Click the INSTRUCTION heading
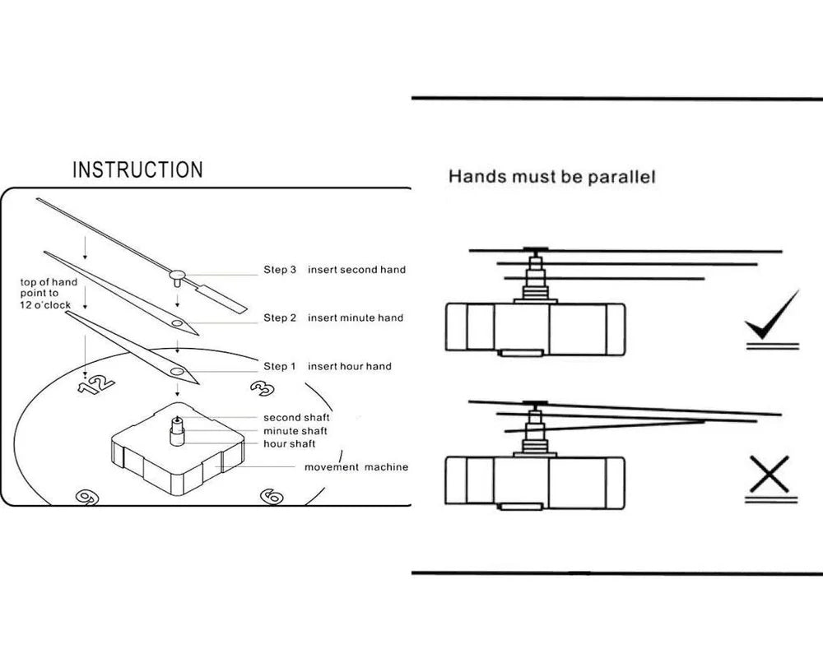(x=137, y=170)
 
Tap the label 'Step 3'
(x=280, y=270)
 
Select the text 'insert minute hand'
(x=356, y=318)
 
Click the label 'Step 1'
(x=280, y=366)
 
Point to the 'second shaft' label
(x=296, y=418)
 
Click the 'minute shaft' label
(x=295, y=431)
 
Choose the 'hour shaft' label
(x=290, y=444)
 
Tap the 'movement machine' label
(x=356, y=467)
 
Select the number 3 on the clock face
(x=262, y=388)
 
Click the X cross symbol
(x=771, y=475)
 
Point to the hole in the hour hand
(x=176, y=372)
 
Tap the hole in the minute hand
(x=177, y=324)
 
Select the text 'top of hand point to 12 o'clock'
(x=51, y=294)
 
